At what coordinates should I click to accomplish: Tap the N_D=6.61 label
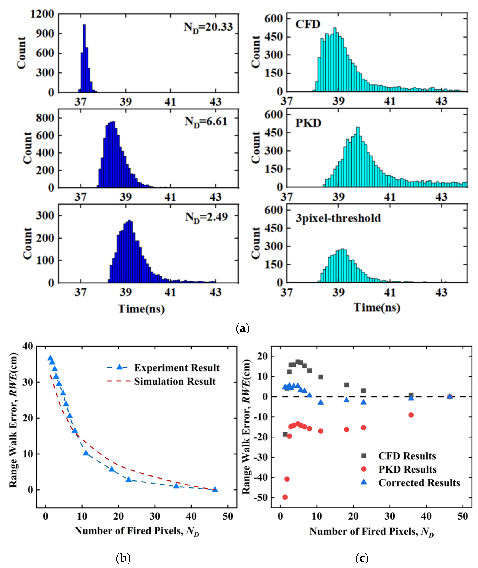[206, 122]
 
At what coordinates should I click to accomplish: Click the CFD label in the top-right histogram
[308, 24]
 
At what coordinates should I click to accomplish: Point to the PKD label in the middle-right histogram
[308, 123]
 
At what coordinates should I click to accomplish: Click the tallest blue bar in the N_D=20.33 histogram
[84, 58]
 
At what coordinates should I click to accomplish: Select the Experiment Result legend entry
[177, 368]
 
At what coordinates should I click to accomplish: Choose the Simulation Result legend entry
[175, 381]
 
